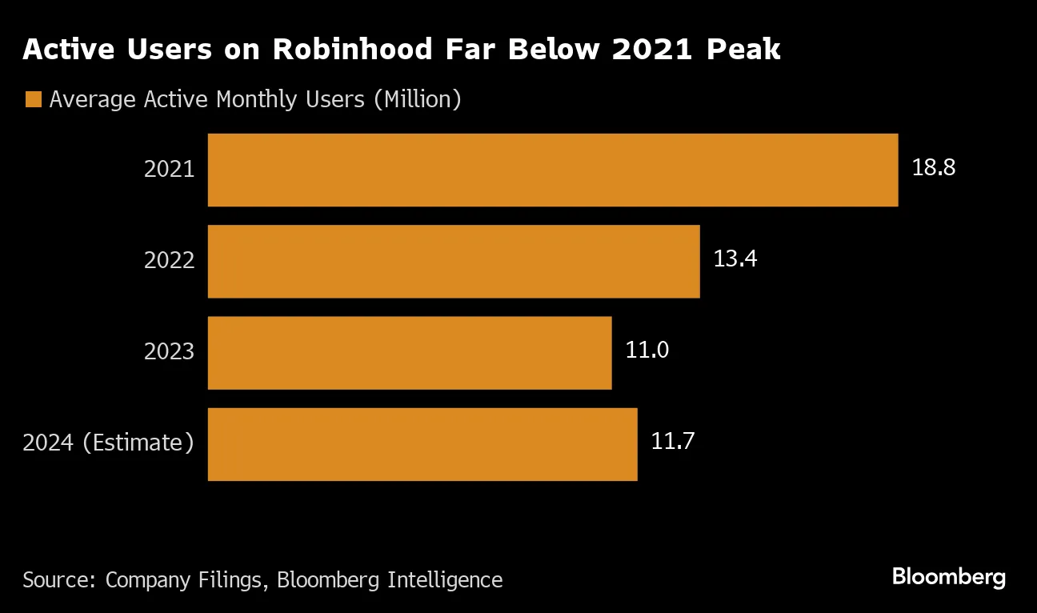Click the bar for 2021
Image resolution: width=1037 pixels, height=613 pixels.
(x=552, y=170)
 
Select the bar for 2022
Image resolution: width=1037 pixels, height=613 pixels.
(x=453, y=261)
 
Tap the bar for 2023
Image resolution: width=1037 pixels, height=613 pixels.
(x=409, y=353)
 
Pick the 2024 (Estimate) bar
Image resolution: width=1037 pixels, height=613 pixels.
(x=422, y=444)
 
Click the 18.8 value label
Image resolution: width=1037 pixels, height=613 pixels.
(x=934, y=168)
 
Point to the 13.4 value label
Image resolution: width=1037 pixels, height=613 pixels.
(x=735, y=259)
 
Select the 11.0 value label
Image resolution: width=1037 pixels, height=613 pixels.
(x=647, y=351)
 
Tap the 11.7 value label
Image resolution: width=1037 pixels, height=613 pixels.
(x=672, y=442)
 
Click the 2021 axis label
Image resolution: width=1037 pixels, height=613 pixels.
(x=169, y=170)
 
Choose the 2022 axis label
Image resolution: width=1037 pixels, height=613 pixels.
(x=169, y=261)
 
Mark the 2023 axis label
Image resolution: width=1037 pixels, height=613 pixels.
(x=169, y=352)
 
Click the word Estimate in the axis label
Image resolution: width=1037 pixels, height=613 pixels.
(x=138, y=443)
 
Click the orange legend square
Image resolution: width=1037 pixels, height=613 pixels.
(x=33, y=100)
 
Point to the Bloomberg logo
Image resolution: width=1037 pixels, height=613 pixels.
(x=948, y=577)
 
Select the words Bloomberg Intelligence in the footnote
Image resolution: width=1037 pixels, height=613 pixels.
(x=390, y=580)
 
